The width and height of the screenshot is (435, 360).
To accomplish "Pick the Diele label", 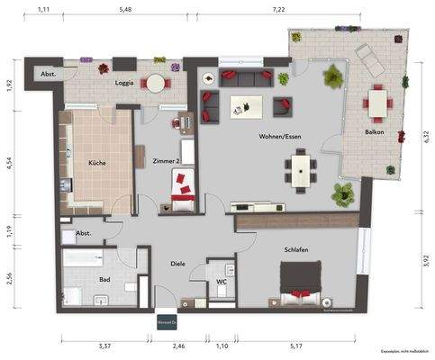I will pos(177,264).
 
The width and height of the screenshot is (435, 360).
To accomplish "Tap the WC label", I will pos(221,281).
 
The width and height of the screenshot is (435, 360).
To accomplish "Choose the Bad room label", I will pos(104,280).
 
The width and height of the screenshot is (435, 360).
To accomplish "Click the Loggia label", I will pos(125,84).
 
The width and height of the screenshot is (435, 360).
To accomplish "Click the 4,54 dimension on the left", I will pos(9,166).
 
